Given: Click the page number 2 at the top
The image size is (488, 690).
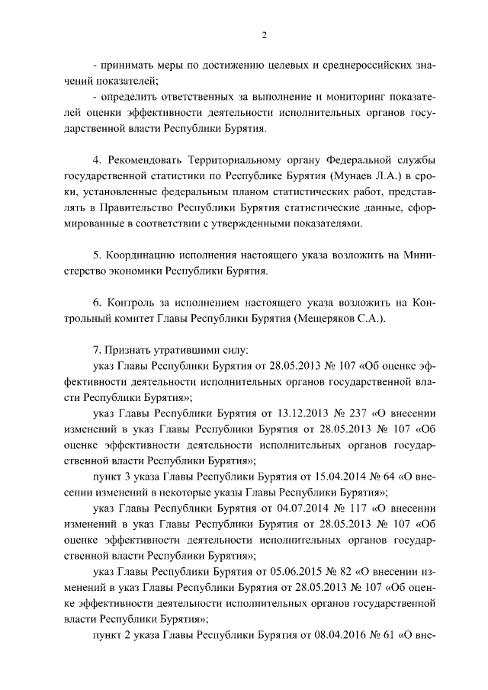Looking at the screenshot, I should click(x=264, y=34).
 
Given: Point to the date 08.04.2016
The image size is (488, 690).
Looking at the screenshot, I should click(x=323, y=634).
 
